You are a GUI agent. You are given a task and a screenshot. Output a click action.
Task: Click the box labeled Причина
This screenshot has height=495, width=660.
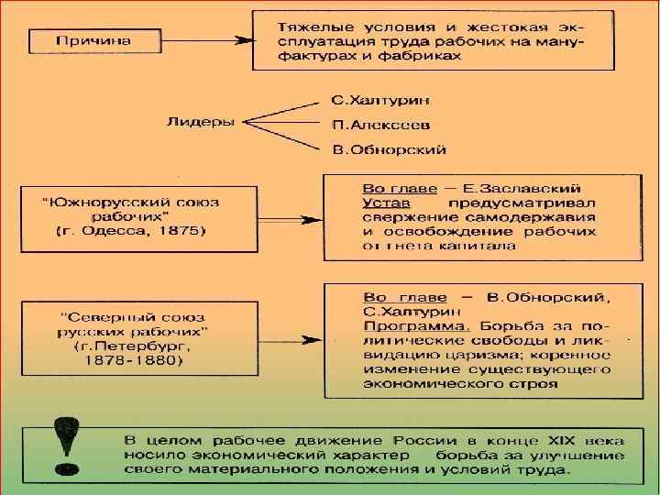(x=93, y=41)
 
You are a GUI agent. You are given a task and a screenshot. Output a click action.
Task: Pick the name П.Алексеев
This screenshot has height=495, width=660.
(x=368, y=124)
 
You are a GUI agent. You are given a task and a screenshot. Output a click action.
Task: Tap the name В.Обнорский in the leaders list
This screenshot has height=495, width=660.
(x=376, y=148)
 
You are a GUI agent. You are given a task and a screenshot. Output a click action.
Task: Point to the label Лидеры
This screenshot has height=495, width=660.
(x=200, y=121)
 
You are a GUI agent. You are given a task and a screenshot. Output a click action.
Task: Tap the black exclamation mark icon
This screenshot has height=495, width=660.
(x=67, y=447)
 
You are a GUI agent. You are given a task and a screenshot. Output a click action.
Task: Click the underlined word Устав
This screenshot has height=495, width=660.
(x=385, y=201)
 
